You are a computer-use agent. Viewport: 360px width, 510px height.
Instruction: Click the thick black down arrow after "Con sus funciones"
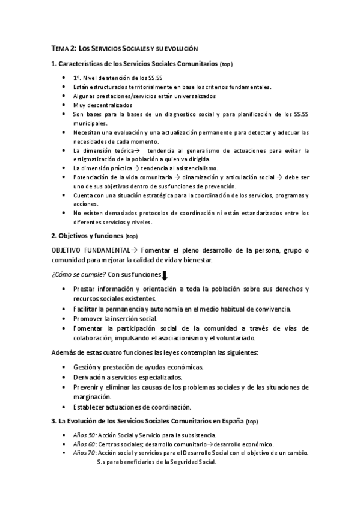[165, 276]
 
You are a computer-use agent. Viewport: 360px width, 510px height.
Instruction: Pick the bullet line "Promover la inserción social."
[115, 318]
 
